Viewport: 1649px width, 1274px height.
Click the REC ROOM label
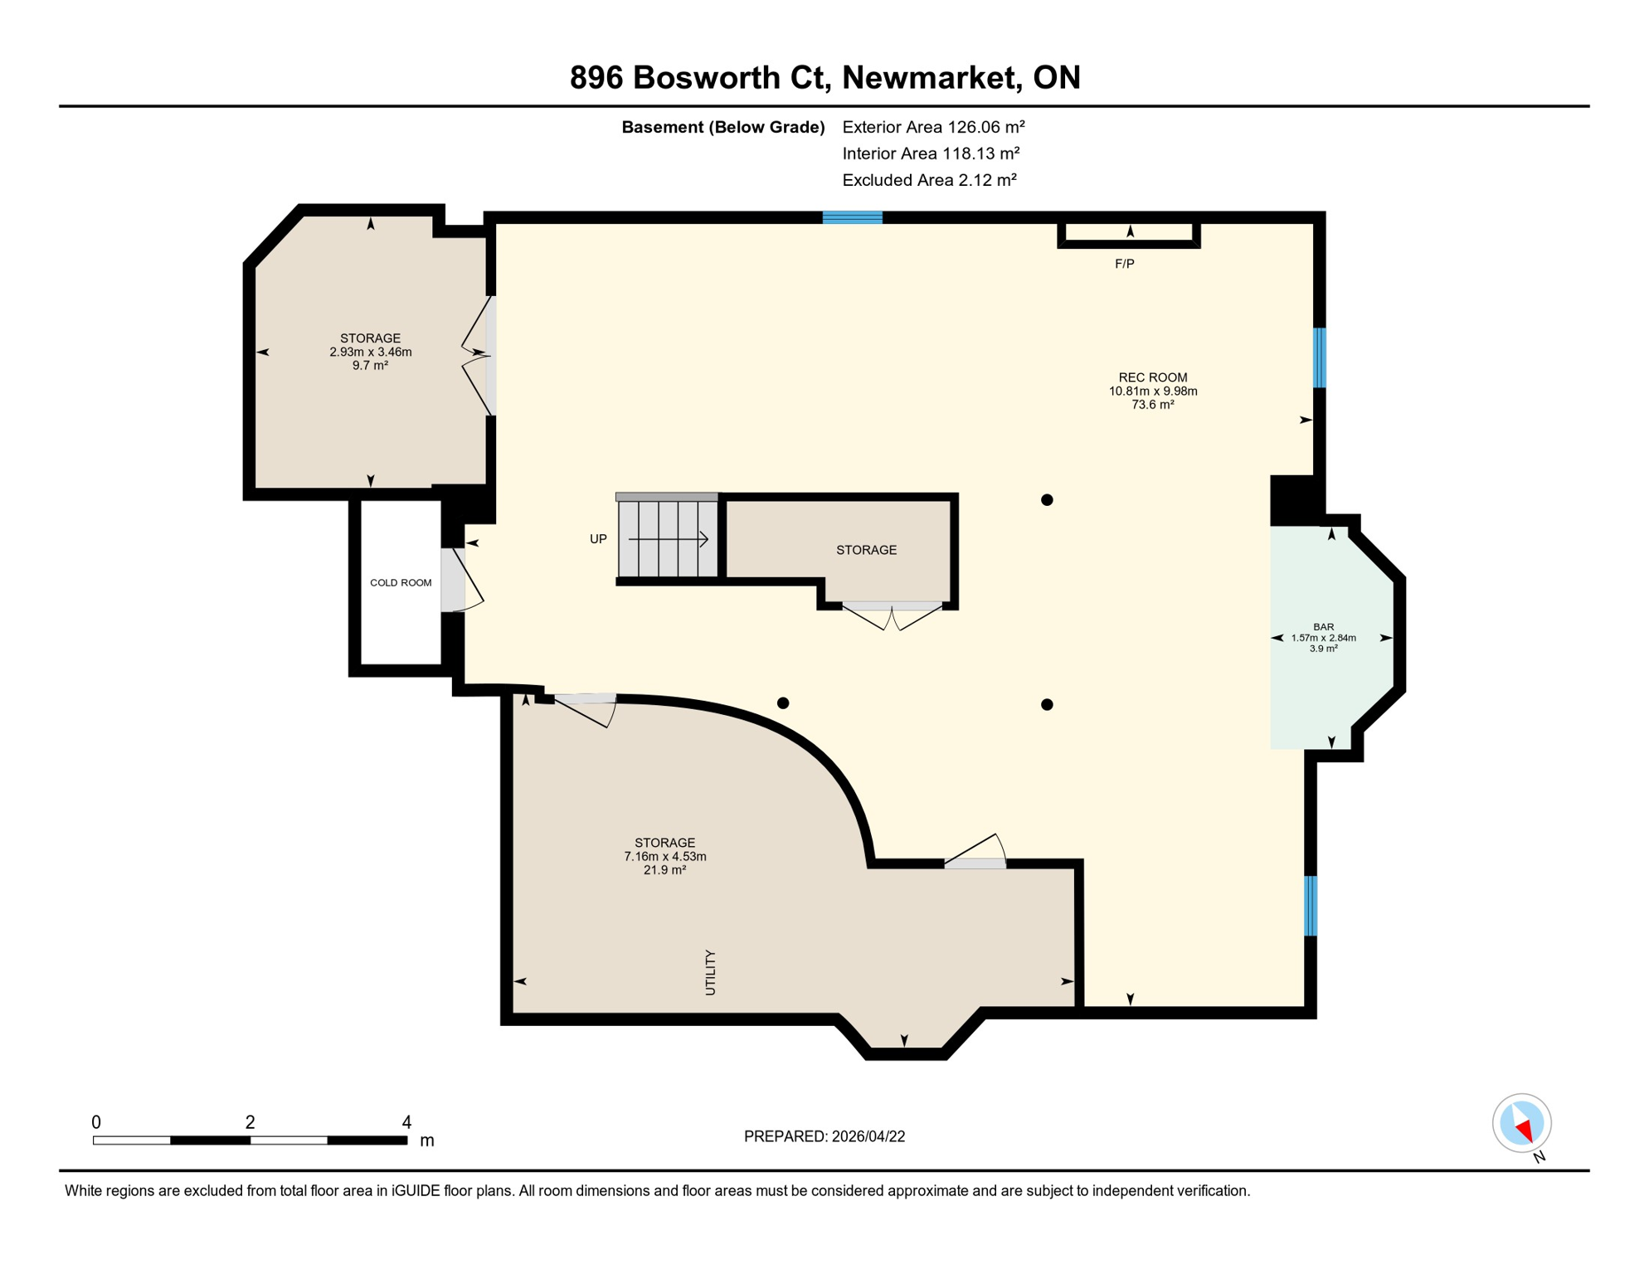coord(1152,377)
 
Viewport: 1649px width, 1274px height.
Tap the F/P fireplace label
coord(1124,264)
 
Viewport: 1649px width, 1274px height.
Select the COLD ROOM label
coord(401,583)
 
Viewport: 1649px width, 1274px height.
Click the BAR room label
coord(1323,627)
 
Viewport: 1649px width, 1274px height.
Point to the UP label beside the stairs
coord(598,539)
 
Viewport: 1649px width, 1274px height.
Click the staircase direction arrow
coord(668,540)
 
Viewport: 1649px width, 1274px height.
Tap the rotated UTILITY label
coord(710,972)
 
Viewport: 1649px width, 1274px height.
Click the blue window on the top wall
coord(852,217)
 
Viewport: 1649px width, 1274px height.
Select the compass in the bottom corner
coord(1521,1123)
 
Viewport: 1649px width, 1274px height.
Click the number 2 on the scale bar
coord(250,1122)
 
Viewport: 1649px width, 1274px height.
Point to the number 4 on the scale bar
coord(406,1122)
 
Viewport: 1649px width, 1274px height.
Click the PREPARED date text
coord(824,1136)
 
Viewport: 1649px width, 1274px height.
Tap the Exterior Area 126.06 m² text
coord(933,127)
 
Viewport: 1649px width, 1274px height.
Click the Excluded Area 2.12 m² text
coord(929,180)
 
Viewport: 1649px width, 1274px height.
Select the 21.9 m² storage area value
coord(664,870)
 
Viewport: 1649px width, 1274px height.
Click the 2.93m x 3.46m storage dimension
coord(370,352)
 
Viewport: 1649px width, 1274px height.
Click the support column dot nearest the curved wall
coord(782,703)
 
